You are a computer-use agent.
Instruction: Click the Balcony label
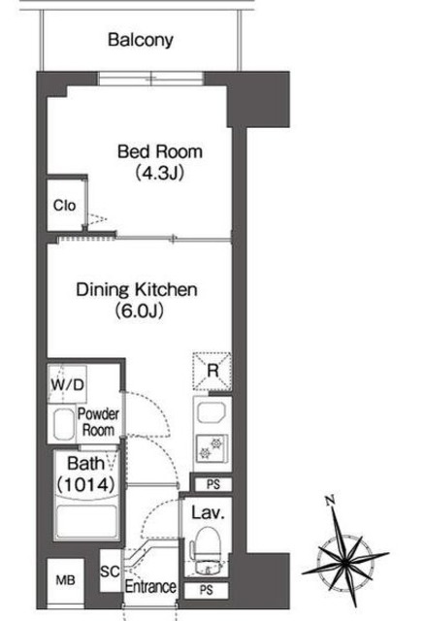point(141,41)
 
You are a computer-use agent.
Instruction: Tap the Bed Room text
point(160,152)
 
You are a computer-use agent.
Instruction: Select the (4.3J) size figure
point(160,173)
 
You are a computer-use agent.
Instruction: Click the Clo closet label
point(65,205)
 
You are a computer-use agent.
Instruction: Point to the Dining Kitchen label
point(137,289)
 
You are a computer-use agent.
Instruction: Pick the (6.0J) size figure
point(139,310)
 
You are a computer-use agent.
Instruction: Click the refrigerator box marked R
point(212,371)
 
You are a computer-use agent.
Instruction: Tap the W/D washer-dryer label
point(67,384)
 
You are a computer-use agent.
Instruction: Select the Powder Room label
point(98,422)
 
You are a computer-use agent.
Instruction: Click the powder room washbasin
point(64,424)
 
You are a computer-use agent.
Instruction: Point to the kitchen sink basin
point(212,413)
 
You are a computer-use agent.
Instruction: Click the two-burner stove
point(212,447)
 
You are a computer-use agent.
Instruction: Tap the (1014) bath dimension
point(86,484)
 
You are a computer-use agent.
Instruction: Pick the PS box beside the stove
point(213,484)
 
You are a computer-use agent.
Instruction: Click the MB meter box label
point(65,580)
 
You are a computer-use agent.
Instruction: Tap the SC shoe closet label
point(110,572)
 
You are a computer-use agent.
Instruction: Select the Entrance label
point(150,586)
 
